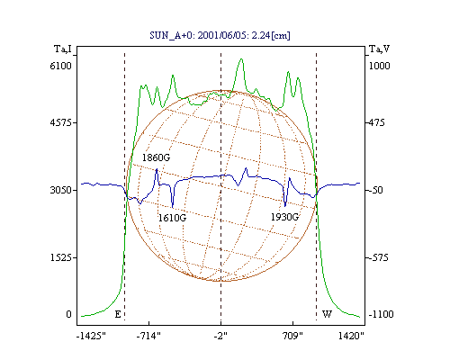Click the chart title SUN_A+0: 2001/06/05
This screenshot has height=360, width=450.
pyautogui.click(x=197, y=35)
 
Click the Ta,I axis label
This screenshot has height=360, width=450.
pyautogui.click(x=62, y=49)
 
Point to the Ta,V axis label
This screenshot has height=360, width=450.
pyautogui.click(x=379, y=49)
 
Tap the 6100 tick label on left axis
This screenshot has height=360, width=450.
pyautogui.click(x=61, y=66)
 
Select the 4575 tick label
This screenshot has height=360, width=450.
pyautogui.click(x=61, y=122)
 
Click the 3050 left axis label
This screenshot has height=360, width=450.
pyautogui.click(x=61, y=190)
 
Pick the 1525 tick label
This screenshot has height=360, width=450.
pyautogui.click(x=61, y=257)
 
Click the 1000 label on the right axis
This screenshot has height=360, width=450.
pyautogui.click(x=379, y=66)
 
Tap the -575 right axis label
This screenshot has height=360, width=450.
pyautogui.click(x=379, y=257)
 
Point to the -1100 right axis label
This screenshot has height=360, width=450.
pyautogui.click(x=381, y=314)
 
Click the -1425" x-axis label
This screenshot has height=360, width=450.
pyautogui.click(x=91, y=336)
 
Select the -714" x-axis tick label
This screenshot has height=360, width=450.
pyautogui.click(x=148, y=336)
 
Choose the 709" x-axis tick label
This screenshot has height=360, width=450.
pyautogui.click(x=292, y=336)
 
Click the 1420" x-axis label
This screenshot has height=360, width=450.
pyautogui.click(x=351, y=336)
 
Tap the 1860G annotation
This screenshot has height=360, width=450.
pyautogui.click(x=156, y=157)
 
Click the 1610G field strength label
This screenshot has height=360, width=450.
pyautogui.click(x=172, y=218)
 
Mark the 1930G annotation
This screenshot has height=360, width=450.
pyautogui.click(x=284, y=217)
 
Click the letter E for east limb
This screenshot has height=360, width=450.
pyautogui.click(x=118, y=314)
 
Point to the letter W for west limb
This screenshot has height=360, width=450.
pyautogui.click(x=327, y=314)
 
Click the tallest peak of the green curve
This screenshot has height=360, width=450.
pyautogui.click(x=241, y=59)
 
